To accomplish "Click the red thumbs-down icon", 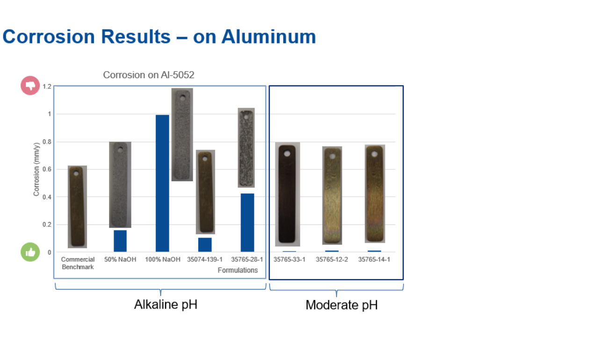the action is click(30, 86).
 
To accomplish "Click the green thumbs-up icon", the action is click(30, 252).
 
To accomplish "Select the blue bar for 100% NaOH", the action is click(162, 183).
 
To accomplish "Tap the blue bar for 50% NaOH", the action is click(120, 241).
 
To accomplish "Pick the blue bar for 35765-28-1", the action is click(247, 223).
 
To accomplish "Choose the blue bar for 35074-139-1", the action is click(205, 245).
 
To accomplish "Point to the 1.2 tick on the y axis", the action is click(47, 86).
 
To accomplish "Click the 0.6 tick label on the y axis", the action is click(47, 169).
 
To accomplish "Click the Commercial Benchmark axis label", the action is click(78, 263).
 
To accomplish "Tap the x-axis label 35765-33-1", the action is click(289, 259).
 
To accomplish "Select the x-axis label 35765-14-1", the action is click(374, 259).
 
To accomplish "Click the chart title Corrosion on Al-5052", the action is click(149, 75).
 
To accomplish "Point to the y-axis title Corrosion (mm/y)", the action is click(36, 169).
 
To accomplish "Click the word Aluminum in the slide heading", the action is click(268, 36).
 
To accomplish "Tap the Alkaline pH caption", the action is click(166, 304).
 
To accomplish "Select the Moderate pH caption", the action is click(341, 305).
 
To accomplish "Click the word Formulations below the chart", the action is click(238, 270).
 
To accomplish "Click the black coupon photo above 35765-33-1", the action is click(288, 194).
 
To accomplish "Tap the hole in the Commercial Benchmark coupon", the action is click(76, 173).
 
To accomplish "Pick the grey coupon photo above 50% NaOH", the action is click(120, 185).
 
